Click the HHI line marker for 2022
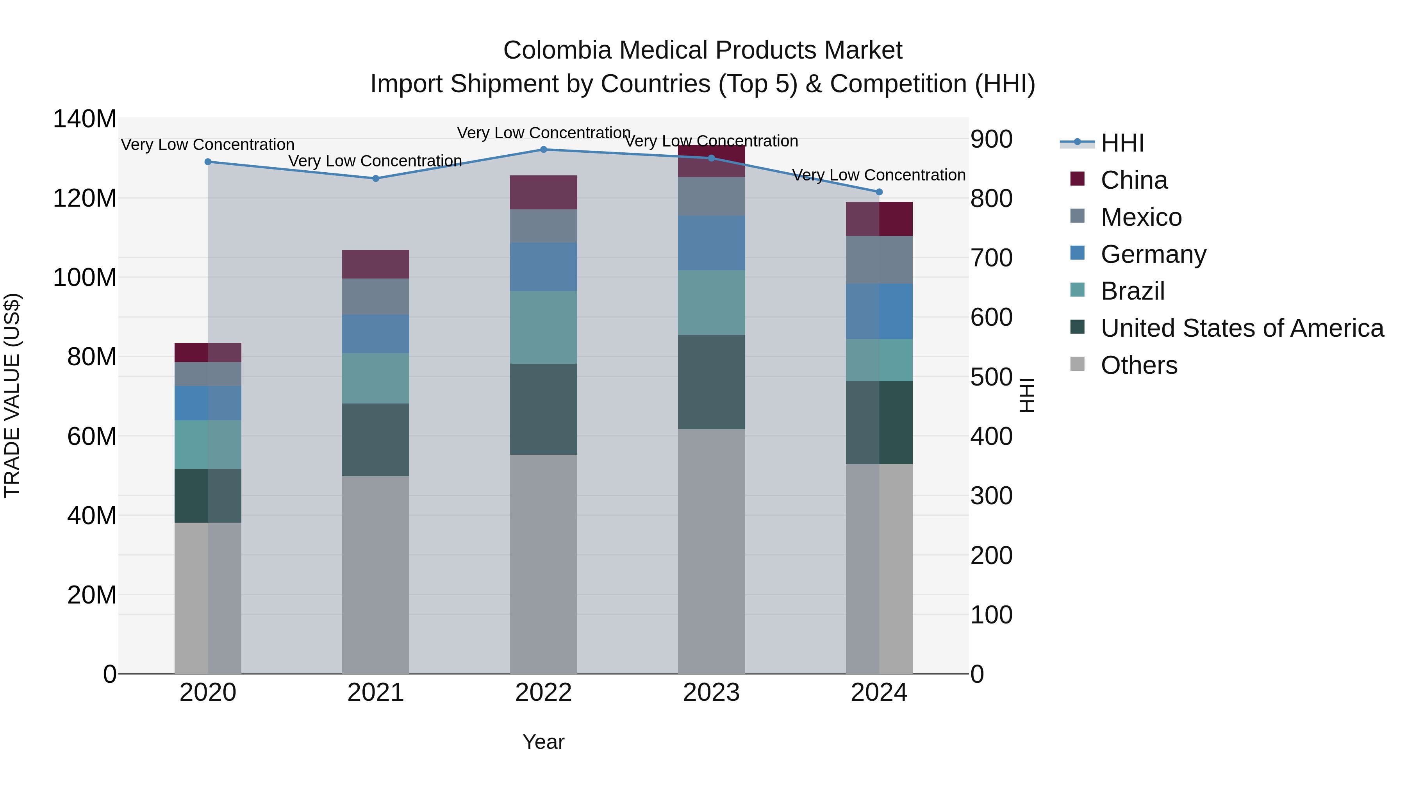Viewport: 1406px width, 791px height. [543, 149]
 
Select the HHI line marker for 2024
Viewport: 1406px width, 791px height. [879, 192]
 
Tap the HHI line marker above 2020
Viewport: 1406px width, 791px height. [208, 162]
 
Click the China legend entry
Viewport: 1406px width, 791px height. [1134, 180]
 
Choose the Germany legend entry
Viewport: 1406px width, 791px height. [1153, 254]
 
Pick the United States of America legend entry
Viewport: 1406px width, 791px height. [1242, 328]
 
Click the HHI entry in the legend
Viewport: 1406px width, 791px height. [1122, 143]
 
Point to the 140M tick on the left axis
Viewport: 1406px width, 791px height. [85, 119]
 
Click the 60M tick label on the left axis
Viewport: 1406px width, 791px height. [92, 436]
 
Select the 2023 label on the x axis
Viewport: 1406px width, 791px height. [711, 693]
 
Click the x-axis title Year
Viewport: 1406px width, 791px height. [543, 742]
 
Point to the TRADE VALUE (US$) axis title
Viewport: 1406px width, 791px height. [12, 395]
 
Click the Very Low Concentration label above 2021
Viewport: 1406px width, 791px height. [375, 161]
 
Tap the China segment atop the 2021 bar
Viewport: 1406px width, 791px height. [375, 264]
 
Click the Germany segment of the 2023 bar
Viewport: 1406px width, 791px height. [711, 243]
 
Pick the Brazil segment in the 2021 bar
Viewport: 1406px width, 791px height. [375, 378]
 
